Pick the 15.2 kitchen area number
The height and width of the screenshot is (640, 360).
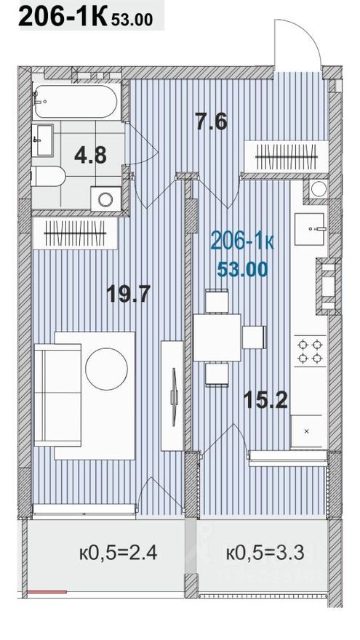(x=260, y=399)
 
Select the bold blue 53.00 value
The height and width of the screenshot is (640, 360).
(x=242, y=268)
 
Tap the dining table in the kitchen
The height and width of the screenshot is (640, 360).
(x=217, y=336)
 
